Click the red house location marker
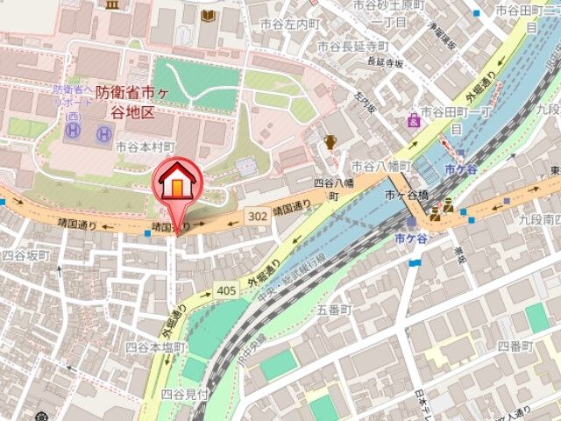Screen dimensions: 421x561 pyautogui.click(x=178, y=183)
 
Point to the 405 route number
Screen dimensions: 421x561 pyautogui.click(x=224, y=291)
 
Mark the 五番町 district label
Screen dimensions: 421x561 pyautogui.click(x=333, y=310)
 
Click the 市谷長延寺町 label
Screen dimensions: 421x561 pyautogui.click(x=352, y=46)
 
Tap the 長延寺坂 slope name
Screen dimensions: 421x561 pyautogui.click(x=385, y=62)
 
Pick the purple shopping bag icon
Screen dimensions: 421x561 pyautogui.click(x=413, y=119)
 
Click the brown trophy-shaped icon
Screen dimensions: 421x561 pyautogui.click(x=330, y=142)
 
